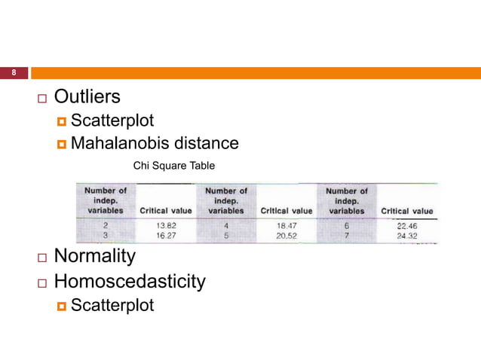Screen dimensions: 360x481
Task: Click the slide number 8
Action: pos(13,73)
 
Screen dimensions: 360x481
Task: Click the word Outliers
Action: pos(87,97)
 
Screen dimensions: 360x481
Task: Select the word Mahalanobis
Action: pos(119,143)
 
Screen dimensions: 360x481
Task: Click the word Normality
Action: pos(95,256)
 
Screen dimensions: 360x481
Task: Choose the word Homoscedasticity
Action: pos(130,282)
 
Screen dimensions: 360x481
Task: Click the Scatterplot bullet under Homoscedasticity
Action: pos(112,305)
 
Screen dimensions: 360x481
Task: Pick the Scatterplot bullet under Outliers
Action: pos(112,121)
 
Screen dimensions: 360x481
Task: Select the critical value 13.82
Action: pos(166,224)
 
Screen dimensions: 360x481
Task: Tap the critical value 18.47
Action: pos(286,224)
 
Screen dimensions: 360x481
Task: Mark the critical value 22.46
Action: pos(406,224)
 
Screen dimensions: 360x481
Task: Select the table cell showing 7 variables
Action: pos(347,234)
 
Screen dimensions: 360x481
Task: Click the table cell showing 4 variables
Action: pos(226,224)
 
